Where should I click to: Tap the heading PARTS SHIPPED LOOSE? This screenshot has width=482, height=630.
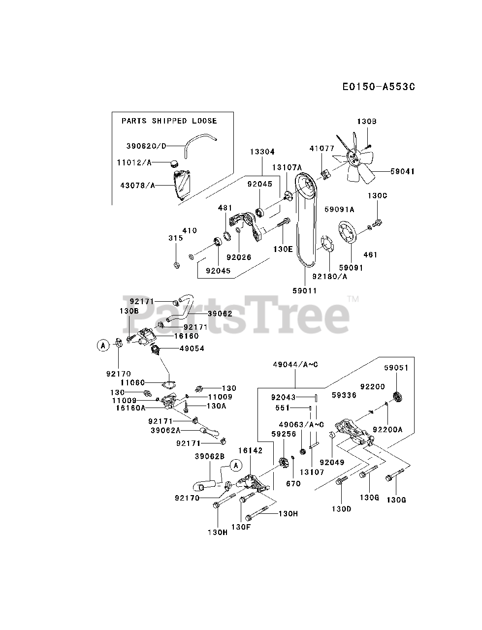pyautogui.click(x=169, y=121)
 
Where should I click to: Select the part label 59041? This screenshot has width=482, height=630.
pyautogui.click(x=402, y=172)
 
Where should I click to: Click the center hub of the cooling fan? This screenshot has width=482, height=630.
pyautogui.click(x=353, y=157)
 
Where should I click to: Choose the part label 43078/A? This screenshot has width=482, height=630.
pyautogui.click(x=137, y=185)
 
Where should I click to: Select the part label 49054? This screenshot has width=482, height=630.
pyautogui.click(x=178, y=348)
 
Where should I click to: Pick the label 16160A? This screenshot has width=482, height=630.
pyautogui.click(x=130, y=408)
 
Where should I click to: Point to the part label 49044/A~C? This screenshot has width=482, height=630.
pyautogui.click(x=295, y=365)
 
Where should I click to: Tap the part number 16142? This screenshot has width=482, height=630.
pyautogui.click(x=251, y=450)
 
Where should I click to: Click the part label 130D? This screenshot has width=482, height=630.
pyautogui.click(x=341, y=508)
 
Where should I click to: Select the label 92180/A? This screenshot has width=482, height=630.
pyautogui.click(x=329, y=276)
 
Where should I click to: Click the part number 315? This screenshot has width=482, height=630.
pyautogui.click(x=176, y=238)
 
